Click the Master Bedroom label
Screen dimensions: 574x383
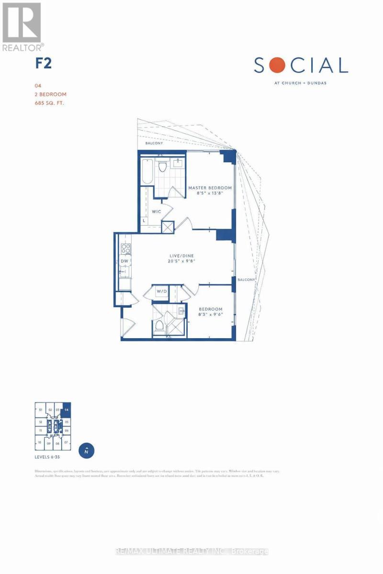[210, 188]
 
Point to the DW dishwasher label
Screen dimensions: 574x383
[124, 261]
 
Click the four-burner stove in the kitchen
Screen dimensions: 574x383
[125, 248]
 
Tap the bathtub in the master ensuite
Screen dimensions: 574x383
[146, 171]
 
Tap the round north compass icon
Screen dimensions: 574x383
[87, 450]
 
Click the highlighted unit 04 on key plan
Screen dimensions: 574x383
[67, 410]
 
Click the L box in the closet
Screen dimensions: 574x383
[144, 221]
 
